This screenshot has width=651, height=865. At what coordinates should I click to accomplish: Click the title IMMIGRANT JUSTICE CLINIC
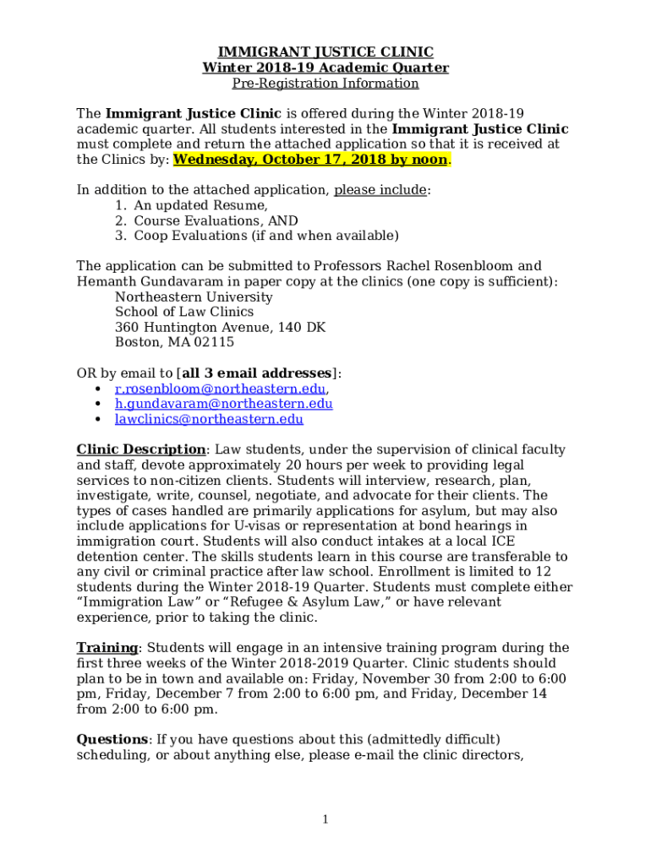coord(325,52)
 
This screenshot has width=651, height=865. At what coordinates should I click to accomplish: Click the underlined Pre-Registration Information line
coord(325,84)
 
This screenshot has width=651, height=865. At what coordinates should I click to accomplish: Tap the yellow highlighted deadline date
coord(310,160)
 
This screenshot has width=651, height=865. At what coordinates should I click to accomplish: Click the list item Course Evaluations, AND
coord(216,220)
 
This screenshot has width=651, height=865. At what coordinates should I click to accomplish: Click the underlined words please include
coord(380,190)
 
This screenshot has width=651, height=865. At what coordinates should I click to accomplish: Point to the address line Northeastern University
coord(194,297)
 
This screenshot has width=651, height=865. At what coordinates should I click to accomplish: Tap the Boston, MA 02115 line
coord(174,343)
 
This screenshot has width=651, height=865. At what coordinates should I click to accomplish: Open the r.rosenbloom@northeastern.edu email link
coord(220,389)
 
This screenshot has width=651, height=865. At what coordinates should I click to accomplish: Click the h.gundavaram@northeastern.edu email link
coord(223,404)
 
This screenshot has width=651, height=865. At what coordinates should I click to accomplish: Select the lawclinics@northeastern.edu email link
coord(209,419)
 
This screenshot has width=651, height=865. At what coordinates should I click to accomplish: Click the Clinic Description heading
coord(141,450)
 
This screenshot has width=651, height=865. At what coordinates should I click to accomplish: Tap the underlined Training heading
coord(107,648)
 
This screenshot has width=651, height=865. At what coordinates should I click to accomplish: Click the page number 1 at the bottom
coord(325,819)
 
